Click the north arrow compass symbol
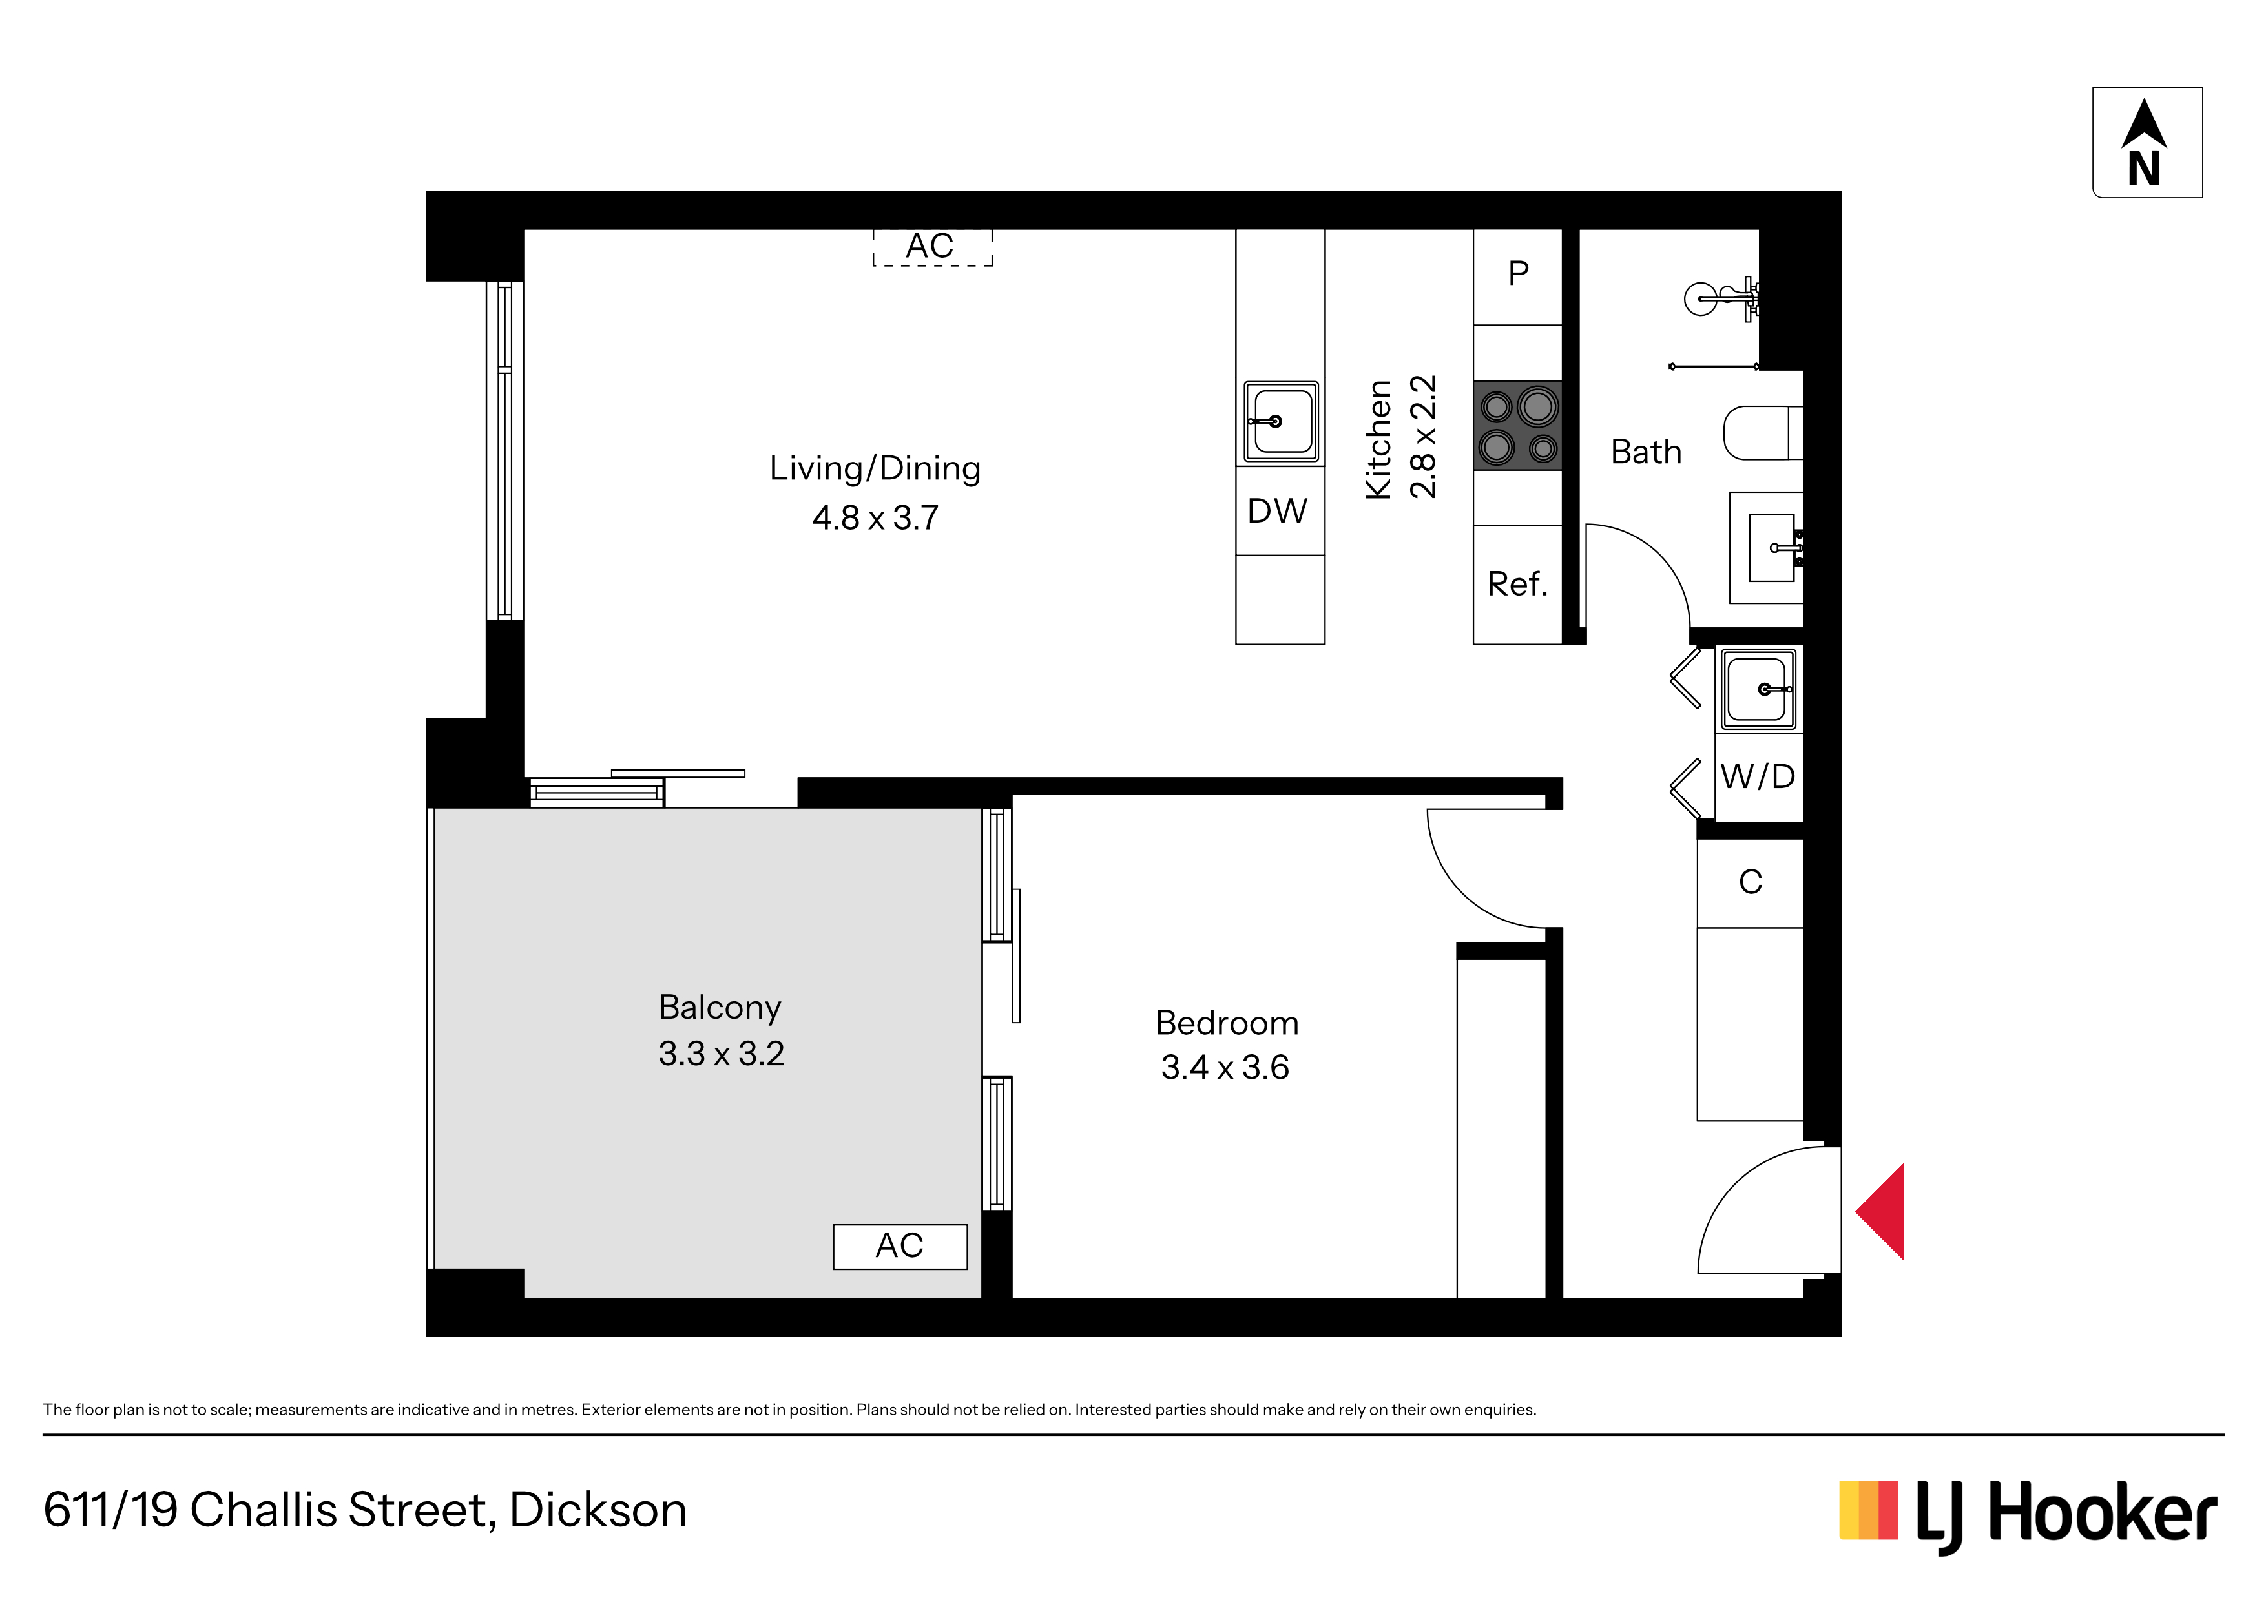(2146, 142)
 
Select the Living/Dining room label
(875, 468)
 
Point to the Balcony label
(720, 1007)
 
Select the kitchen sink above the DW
(1281, 421)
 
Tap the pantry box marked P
(1518, 276)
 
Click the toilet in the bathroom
(1763, 433)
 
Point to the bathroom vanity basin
(1772, 547)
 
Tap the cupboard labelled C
(1750, 882)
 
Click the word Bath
(1646, 452)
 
